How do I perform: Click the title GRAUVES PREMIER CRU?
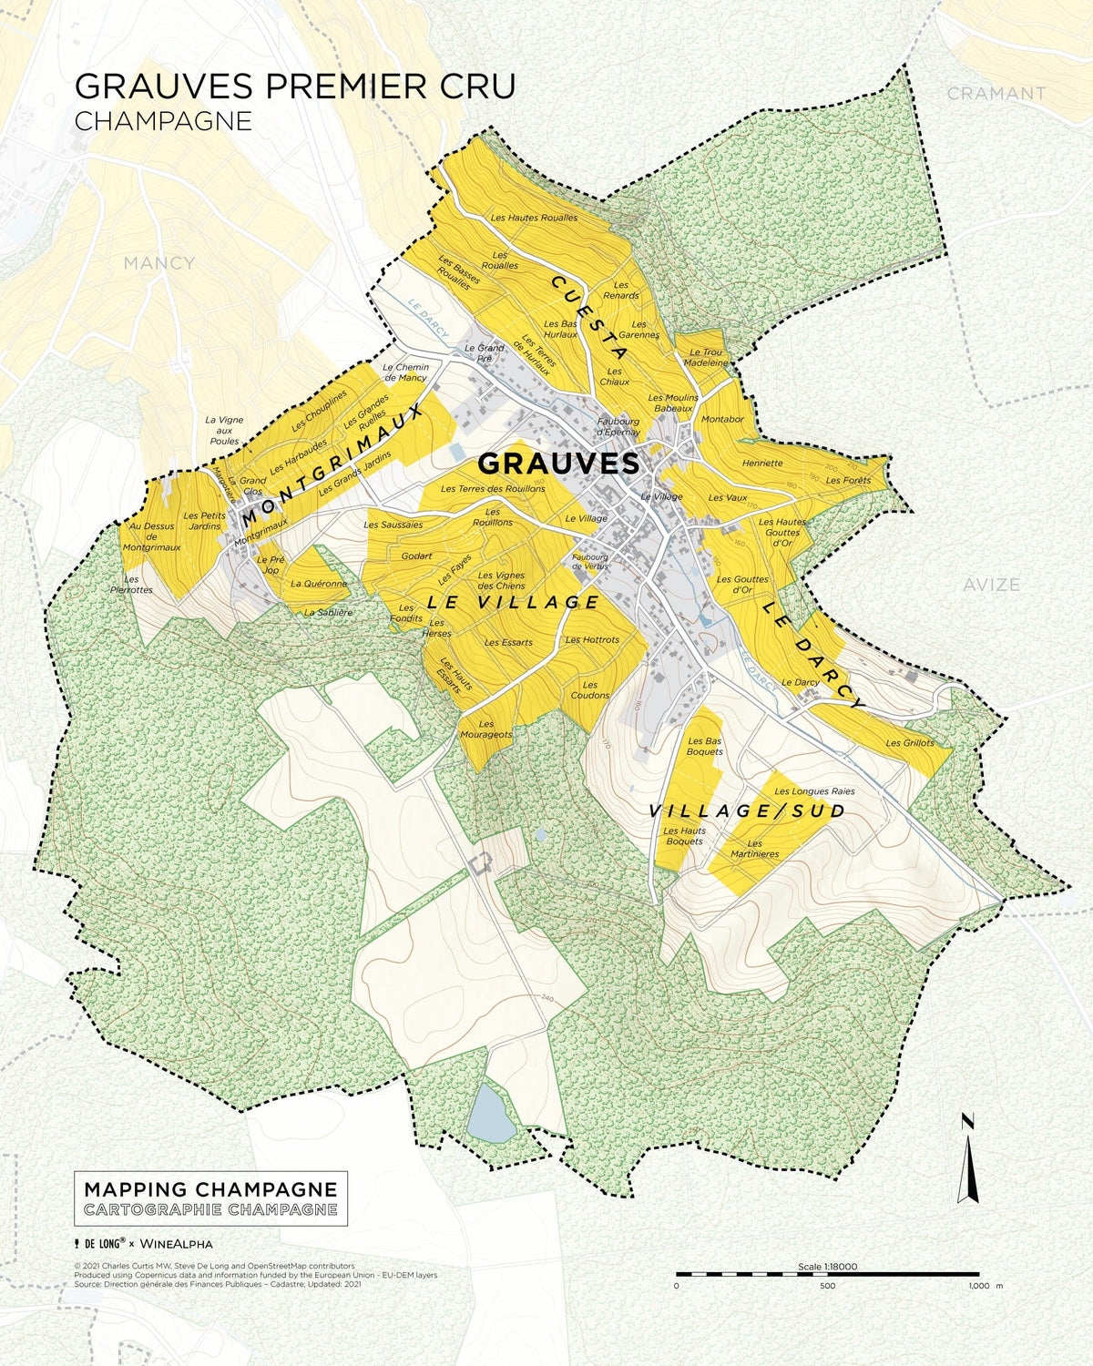click(294, 86)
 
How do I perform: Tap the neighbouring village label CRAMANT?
click(996, 93)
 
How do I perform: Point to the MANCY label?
click(158, 263)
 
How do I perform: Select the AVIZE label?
click(991, 585)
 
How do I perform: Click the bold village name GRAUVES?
click(558, 464)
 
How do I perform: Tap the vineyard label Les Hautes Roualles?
click(534, 218)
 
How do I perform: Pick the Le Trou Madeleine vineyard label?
click(706, 357)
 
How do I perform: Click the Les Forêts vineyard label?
click(848, 480)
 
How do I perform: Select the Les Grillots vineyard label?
click(909, 743)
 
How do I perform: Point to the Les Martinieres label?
click(754, 849)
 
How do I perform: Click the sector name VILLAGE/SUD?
click(747, 810)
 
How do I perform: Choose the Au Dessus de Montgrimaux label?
click(151, 537)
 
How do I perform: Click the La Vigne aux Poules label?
click(223, 430)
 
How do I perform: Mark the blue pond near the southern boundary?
click(490, 1113)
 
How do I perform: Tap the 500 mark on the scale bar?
click(827, 1286)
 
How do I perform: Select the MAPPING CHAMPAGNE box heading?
click(210, 1189)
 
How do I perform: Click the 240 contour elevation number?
click(546, 1000)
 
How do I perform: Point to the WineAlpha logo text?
click(177, 1243)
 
